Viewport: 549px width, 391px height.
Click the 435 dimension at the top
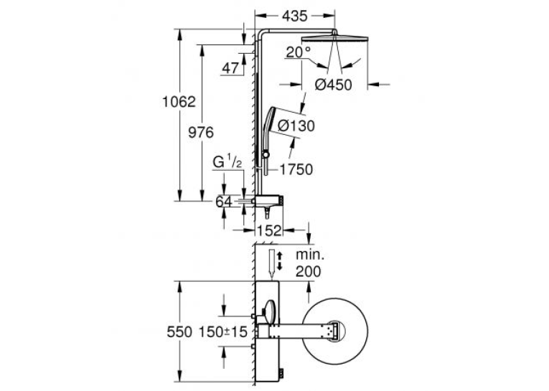click(295, 16)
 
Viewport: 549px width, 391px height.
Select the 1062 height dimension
click(179, 102)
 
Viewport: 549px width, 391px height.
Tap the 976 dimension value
click(201, 133)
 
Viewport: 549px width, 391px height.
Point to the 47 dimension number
click(230, 68)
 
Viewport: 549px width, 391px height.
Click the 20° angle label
click(299, 52)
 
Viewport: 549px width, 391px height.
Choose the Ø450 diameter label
click(333, 85)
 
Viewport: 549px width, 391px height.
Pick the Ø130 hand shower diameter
click(296, 126)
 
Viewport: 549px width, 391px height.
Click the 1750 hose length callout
click(296, 169)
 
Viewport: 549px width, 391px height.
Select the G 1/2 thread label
click(227, 162)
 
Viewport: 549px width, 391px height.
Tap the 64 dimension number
click(224, 202)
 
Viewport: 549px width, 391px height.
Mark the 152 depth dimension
click(269, 230)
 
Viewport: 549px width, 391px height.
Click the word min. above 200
click(310, 255)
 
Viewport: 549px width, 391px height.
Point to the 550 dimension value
click(179, 332)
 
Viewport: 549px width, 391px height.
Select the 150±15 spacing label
click(223, 332)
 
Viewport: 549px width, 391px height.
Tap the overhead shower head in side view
click(335, 38)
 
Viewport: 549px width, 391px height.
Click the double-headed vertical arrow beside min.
click(279, 260)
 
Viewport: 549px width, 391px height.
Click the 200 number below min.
click(308, 271)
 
